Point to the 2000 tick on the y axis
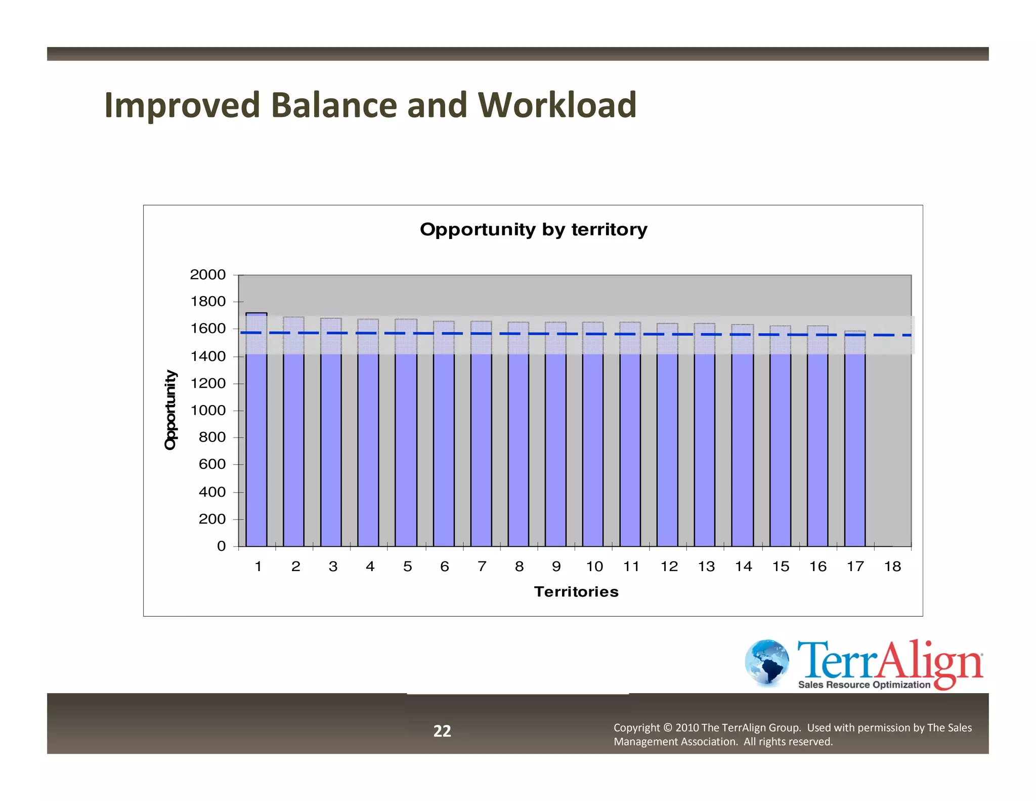pos(207,275)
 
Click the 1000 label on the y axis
pos(207,411)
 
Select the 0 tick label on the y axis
pos(221,546)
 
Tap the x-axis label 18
pos(892,567)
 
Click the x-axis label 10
pos(594,567)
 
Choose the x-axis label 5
pos(407,567)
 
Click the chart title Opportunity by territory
pos(533,229)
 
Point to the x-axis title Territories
pos(576,592)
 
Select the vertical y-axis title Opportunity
pos(171,410)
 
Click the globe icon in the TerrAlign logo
pos(767,662)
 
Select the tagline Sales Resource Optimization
pos(864,685)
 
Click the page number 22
pos(442,731)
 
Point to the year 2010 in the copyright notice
pos(687,728)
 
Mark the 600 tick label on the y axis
pos(212,464)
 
